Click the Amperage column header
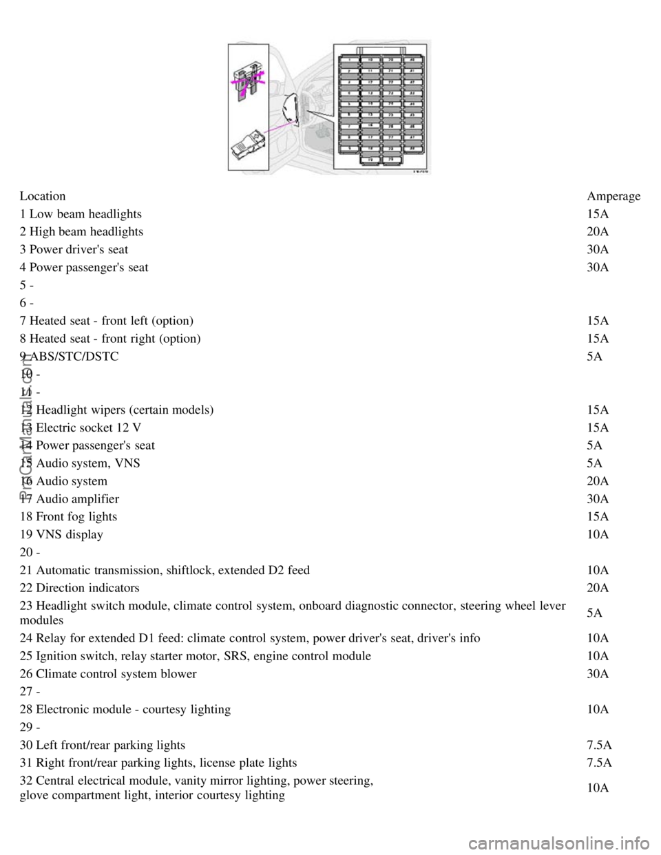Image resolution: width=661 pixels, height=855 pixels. pos(613,196)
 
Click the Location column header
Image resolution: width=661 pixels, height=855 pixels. pos(43,196)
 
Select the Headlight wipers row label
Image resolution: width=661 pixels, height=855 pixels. pos(117,410)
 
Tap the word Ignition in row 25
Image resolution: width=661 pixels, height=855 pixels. pos(56,656)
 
